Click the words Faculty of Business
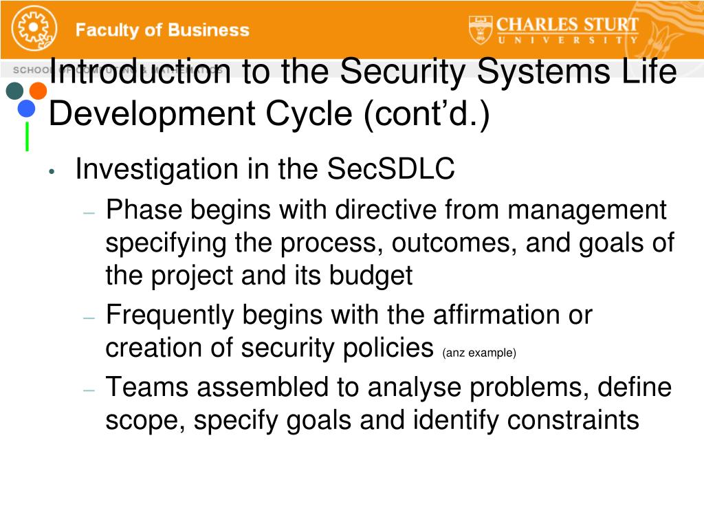point(162,30)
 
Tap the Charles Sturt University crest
point(480,29)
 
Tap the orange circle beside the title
point(38,91)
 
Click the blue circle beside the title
point(26,109)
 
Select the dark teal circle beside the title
point(14,91)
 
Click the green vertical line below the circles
point(27,136)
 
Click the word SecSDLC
point(390,169)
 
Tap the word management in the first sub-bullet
point(587,210)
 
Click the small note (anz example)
point(479,353)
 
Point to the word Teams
point(147,388)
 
